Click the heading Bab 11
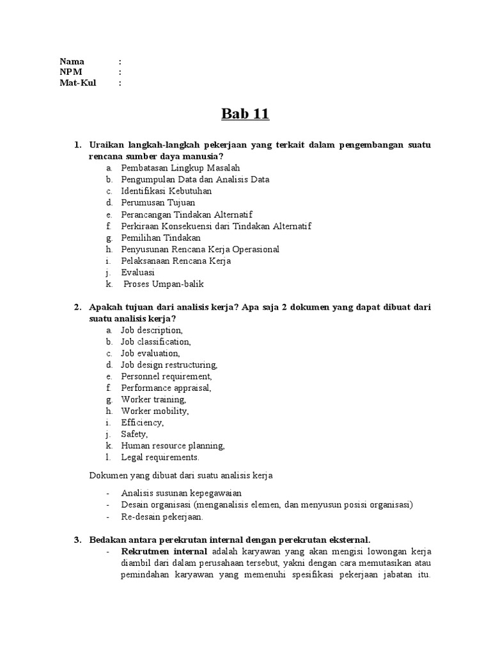(x=245, y=115)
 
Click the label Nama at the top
(x=72, y=61)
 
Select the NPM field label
(x=72, y=72)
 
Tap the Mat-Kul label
(x=78, y=82)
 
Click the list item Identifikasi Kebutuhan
(x=166, y=191)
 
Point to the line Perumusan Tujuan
(x=158, y=202)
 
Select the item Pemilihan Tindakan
(x=160, y=238)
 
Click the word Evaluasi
(x=137, y=272)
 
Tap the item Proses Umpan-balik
(x=164, y=284)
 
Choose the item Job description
(x=152, y=330)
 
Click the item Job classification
(x=155, y=342)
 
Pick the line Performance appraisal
(x=166, y=388)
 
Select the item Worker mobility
(x=155, y=411)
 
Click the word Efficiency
(x=142, y=423)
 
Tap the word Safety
(x=134, y=434)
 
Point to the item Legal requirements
(x=160, y=457)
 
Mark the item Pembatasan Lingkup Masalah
(x=171, y=168)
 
